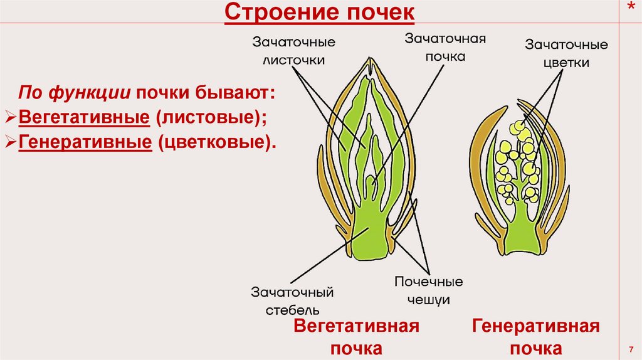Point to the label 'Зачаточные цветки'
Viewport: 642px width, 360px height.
566,54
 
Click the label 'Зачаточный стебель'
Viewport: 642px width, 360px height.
292,300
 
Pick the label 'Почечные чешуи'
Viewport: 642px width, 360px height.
429,290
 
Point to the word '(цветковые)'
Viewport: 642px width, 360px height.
216,142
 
